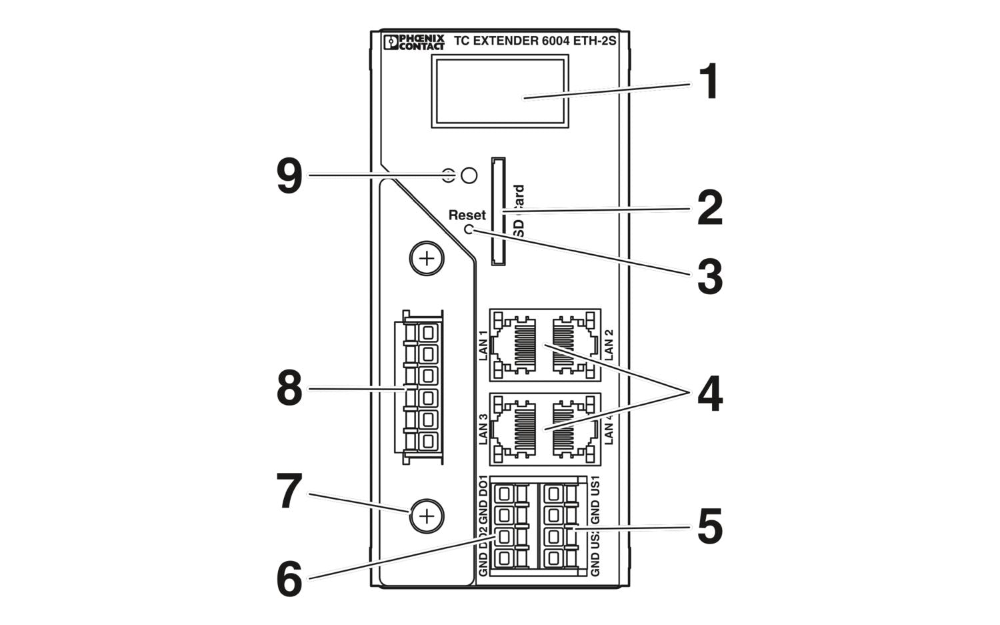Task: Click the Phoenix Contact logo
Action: (x=414, y=42)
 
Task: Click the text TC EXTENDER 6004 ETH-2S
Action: (x=535, y=41)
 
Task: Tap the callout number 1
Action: (x=709, y=83)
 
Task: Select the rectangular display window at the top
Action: (x=499, y=91)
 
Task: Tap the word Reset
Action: (x=467, y=215)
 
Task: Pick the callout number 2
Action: (x=709, y=208)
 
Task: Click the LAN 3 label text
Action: (x=484, y=429)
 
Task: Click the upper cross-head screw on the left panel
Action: (x=427, y=258)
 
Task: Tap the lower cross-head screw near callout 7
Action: (x=427, y=516)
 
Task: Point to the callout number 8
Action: (x=289, y=389)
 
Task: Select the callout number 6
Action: (x=289, y=578)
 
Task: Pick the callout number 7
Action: (x=289, y=492)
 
